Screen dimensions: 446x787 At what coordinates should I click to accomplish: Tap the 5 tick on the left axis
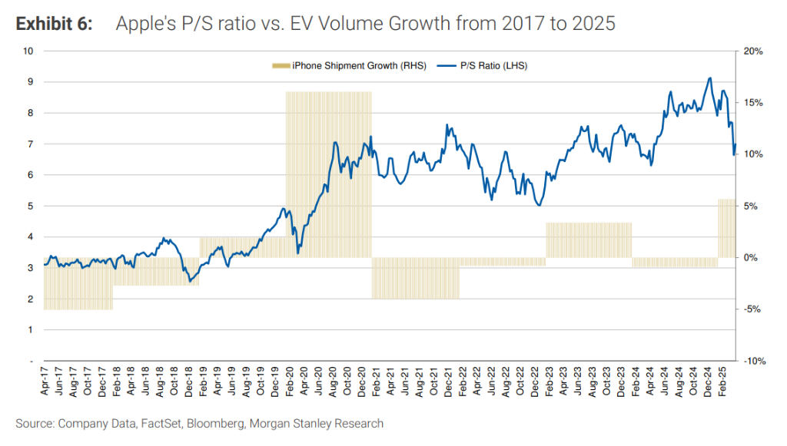(32, 206)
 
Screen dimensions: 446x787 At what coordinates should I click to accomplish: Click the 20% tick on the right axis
(754, 51)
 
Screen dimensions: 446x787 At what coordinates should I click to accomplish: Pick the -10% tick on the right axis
(753, 361)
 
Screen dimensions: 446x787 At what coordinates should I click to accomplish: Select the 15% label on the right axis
(754, 103)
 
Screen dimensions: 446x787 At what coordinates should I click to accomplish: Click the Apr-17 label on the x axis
(45, 382)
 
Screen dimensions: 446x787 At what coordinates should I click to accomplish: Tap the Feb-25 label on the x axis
(722, 382)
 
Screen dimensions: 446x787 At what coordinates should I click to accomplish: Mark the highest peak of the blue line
(709, 78)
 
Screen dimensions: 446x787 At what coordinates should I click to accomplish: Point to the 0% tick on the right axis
(752, 257)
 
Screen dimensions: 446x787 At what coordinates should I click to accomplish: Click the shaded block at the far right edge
(727, 228)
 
